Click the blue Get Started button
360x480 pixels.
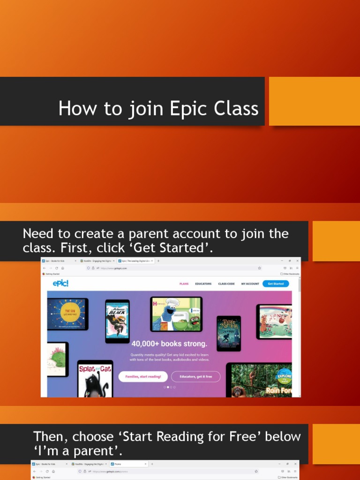[x=276, y=284]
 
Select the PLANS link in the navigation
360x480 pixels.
[x=184, y=284]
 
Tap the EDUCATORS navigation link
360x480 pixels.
[x=203, y=284]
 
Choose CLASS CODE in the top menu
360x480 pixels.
[x=226, y=284]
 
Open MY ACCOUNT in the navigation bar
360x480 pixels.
[x=250, y=284]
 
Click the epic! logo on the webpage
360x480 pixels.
[x=61, y=283]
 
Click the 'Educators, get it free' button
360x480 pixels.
[x=195, y=376]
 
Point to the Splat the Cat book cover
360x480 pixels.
[x=95, y=379]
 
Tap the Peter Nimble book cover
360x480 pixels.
[x=229, y=333]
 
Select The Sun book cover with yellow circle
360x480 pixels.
[x=67, y=314]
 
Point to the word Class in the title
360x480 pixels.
[x=236, y=109]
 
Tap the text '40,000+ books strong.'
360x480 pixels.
[x=169, y=344]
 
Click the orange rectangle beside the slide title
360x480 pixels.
[x=314, y=101]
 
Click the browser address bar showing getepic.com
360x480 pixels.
[x=173, y=268]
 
